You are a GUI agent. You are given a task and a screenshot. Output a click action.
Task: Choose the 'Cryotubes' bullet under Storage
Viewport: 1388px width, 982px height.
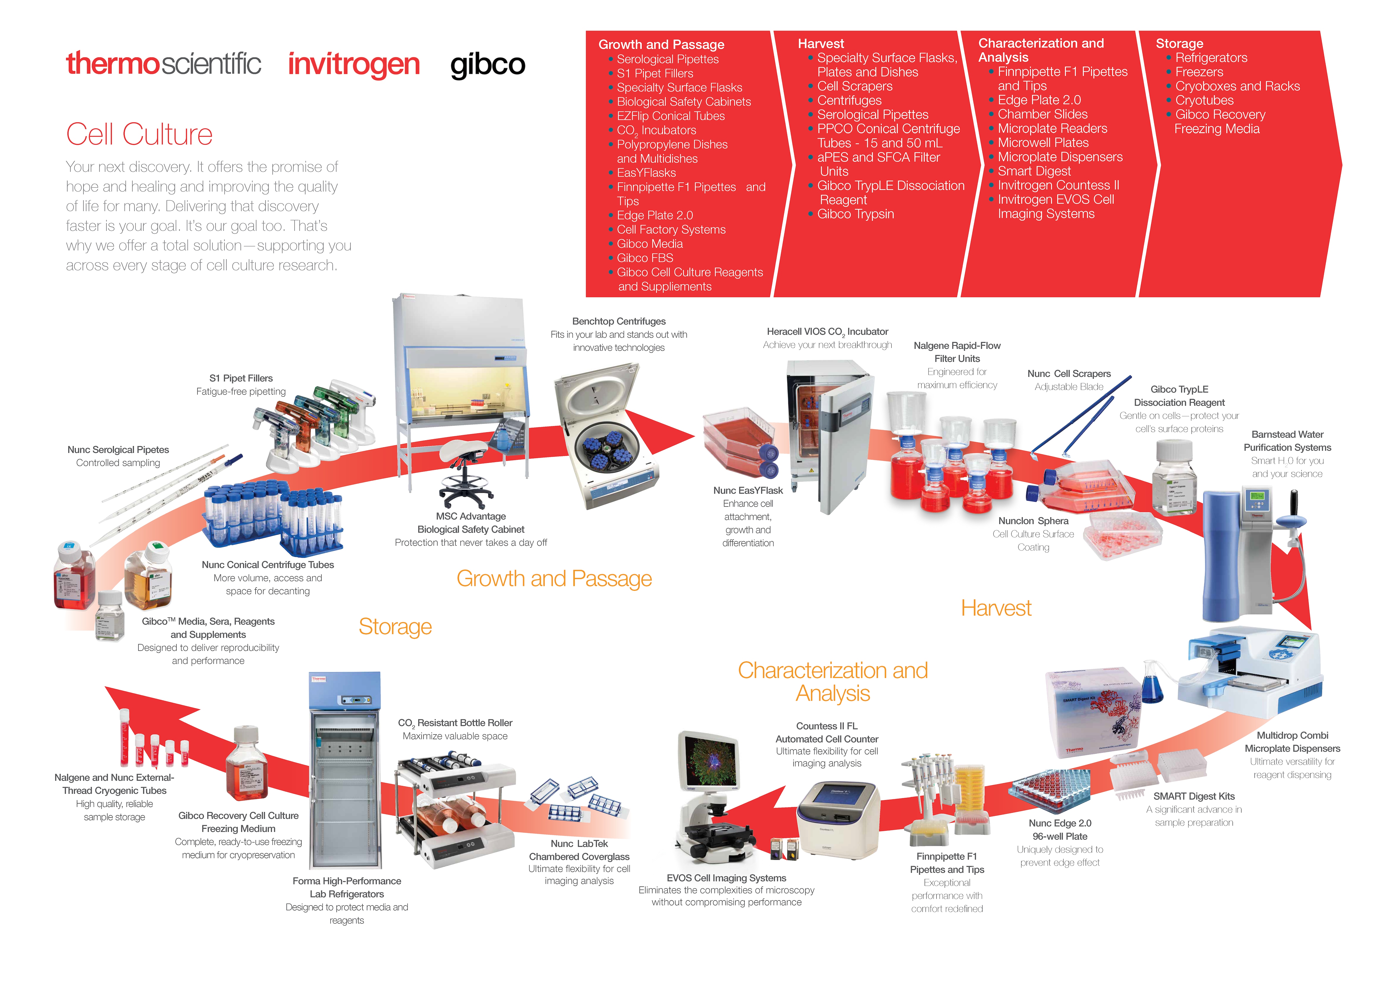click(1204, 101)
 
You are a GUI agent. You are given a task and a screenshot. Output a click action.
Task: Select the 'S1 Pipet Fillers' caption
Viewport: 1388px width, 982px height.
click(241, 378)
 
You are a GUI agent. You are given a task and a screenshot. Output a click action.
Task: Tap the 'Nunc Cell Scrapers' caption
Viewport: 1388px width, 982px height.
click(1069, 374)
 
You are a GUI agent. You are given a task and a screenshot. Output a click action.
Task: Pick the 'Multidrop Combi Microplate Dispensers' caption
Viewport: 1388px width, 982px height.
click(1292, 742)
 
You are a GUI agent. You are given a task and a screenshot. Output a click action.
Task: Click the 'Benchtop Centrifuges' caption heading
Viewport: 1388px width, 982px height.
click(618, 322)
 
